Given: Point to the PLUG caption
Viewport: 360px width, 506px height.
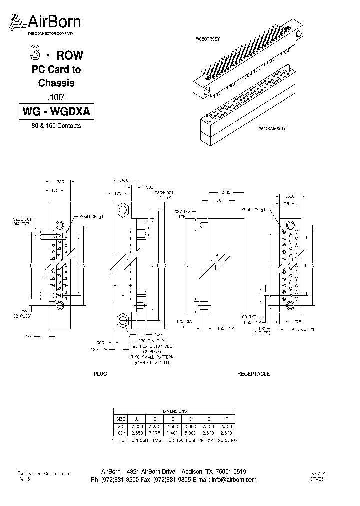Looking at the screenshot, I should tap(101, 374).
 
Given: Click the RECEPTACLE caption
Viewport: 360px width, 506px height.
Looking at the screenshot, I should tap(253, 374).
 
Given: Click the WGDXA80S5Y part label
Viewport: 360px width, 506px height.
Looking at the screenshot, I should tap(272, 129).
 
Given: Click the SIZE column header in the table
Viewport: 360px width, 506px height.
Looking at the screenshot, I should tap(121, 419).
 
